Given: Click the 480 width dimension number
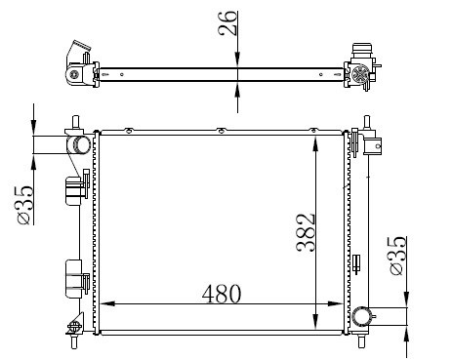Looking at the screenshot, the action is pyautogui.click(x=222, y=294).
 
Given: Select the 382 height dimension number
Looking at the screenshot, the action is pyautogui.click(x=306, y=232).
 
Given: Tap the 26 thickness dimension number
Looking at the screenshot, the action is pyautogui.click(x=227, y=22).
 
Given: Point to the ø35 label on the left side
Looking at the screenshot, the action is pyautogui.click(x=25, y=205).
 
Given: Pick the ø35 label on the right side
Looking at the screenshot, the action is pyautogui.click(x=397, y=256).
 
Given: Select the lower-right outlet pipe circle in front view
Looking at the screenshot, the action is pyautogui.click(x=362, y=316).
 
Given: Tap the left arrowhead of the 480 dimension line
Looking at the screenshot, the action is pyautogui.click(x=107, y=303).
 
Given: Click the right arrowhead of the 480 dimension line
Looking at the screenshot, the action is pyautogui.click(x=335, y=303).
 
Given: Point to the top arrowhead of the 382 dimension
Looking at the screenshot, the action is pyautogui.click(x=315, y=144).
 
